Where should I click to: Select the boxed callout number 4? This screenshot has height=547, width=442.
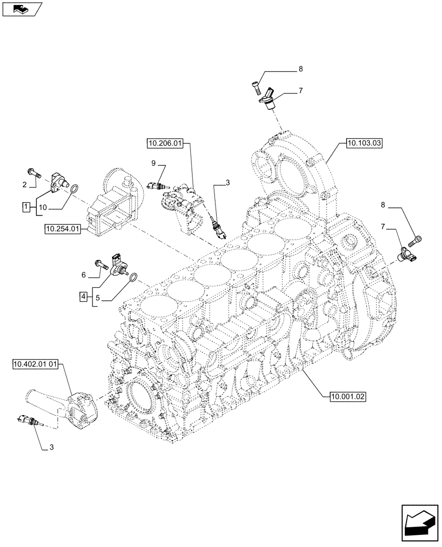coord(83,296)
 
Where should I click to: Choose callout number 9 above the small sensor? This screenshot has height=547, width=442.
coord(154,163)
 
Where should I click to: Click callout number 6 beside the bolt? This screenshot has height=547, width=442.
coord(84,275)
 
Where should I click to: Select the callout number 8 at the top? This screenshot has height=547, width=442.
coord(300,69)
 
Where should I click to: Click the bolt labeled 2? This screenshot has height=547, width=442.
coord(35,173)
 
